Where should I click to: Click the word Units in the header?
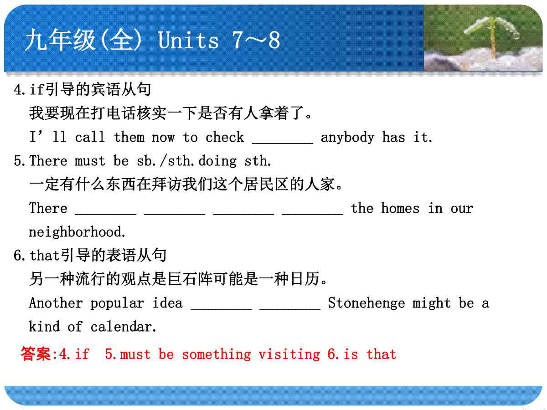[x=188, y=40]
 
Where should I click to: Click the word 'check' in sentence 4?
[x=225, y=137]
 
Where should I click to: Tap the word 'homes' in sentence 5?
[x=400, y=208]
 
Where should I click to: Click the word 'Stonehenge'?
[x=366, y=303]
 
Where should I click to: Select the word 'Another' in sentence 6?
[x=56, y=303]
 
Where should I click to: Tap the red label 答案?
[x=36, y=354]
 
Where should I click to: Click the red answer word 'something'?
[x=217, y=354]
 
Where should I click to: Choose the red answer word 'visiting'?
[x=289, y=354]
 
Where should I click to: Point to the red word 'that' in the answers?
[x=381, y=354]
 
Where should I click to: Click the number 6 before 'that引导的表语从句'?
[x=18, y=256]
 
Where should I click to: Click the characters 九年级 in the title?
[x=60, y=40]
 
